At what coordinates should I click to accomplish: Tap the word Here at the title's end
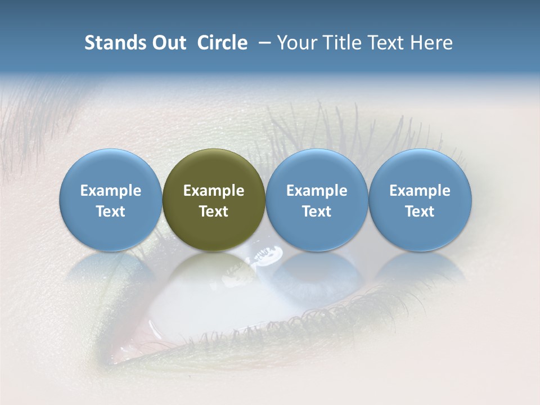tap(431, 43)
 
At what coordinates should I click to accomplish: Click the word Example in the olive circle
tap(214, 191)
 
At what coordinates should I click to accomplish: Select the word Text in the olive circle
tap(214, 211)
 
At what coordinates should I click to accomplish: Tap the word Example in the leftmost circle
tap(110, 191)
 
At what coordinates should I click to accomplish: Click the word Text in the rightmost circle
tap(420, 211)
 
